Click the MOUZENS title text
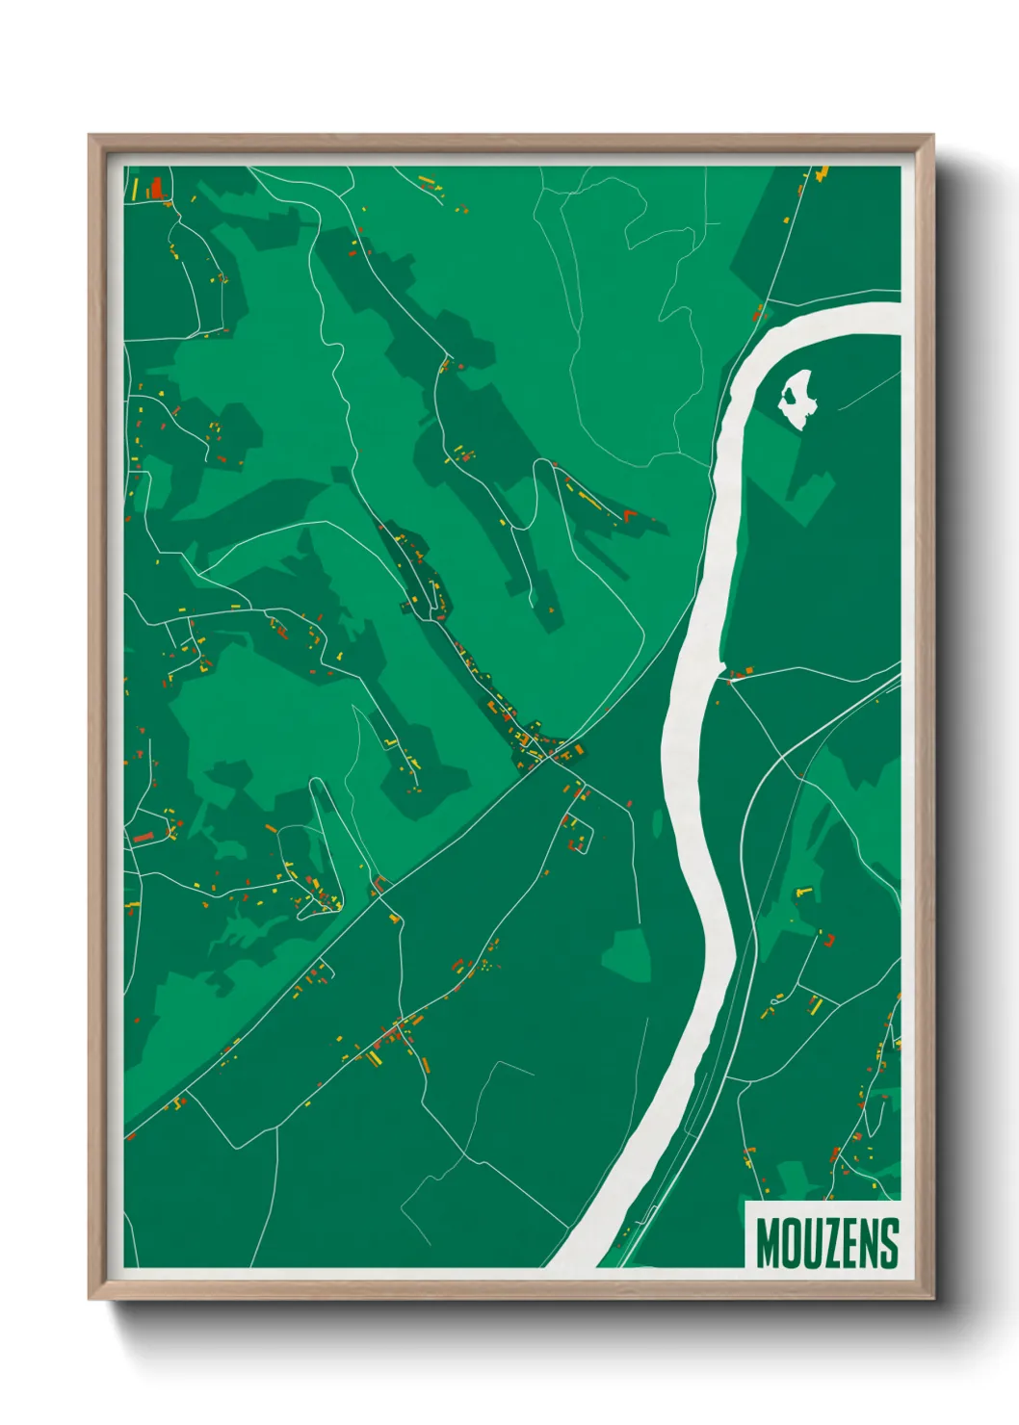(x=826, y=1243)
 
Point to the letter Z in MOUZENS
(x=831, y=1243)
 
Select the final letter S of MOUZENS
(x=890, y=1243)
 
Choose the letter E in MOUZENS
(x=850, y=1243)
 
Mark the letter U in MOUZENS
(x=811, y=1243)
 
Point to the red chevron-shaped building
(x=631, y=515)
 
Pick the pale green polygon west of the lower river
(x=625, y=953)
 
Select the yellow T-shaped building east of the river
(x=802, y=894)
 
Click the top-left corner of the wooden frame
(x=91, y=137)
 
